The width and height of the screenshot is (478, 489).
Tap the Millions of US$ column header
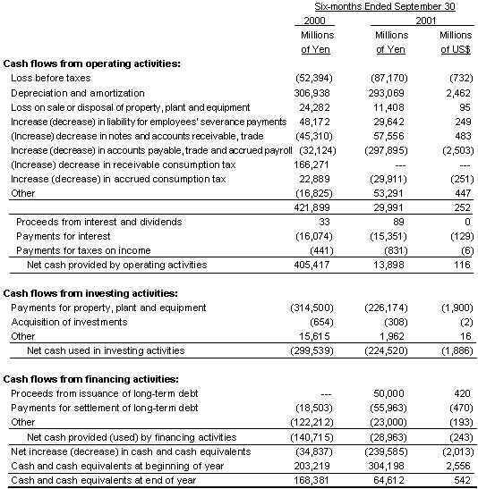click(456, 42)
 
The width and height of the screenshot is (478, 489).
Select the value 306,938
click(313, 92)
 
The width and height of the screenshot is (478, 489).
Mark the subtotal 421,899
click(313, 207)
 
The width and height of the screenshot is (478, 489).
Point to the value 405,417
click(313, 265)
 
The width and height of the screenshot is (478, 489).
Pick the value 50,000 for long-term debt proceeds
click(389, 394)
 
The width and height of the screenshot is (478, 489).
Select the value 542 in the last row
click(461, 480)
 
